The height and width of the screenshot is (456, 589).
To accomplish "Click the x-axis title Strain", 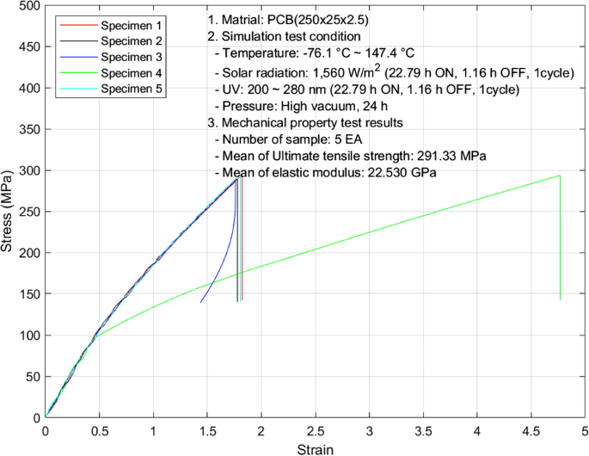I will point(315,449).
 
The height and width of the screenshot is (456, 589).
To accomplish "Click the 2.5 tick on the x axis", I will point(315,432).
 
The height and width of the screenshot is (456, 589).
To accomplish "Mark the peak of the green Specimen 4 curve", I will point(560,176).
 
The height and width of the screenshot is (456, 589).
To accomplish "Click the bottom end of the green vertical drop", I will point(560,299).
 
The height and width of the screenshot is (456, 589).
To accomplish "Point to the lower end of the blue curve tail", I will point(200,302).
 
